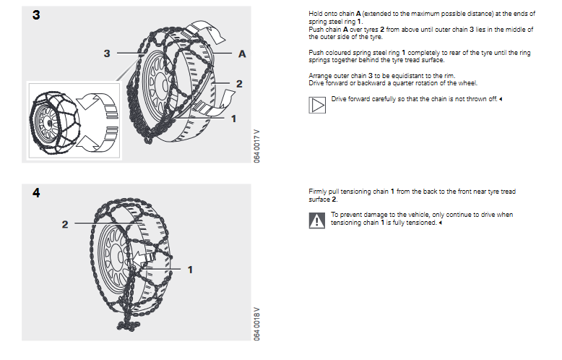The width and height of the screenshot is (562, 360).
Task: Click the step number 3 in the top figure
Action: (36, 15)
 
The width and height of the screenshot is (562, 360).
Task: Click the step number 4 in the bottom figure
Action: (36, 193)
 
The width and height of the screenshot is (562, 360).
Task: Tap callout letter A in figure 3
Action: (242, 54)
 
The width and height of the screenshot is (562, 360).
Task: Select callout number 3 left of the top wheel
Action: (107, 53)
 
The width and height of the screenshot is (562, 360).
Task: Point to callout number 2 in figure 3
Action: (239, 84)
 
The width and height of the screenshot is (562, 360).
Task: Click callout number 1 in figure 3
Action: (234, 119)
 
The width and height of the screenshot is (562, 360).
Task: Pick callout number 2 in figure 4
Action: (65, 225)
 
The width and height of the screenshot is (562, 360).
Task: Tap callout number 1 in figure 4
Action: (190, 270)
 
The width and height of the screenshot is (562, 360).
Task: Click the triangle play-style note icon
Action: (317, 105)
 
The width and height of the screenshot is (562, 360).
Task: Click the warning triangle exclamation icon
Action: (317, 220)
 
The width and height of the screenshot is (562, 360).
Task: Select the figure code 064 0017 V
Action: (256, 146)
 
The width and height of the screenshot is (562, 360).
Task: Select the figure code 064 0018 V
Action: (256, 324)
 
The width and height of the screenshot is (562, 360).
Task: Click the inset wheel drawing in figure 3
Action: (55, 123)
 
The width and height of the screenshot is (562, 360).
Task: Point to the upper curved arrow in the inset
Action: (97, 102)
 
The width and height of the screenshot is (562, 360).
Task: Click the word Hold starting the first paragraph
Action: (316, 14)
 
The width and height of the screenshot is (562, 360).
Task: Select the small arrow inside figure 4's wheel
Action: (144, 258)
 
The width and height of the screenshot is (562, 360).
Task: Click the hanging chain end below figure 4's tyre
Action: (128, 325)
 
